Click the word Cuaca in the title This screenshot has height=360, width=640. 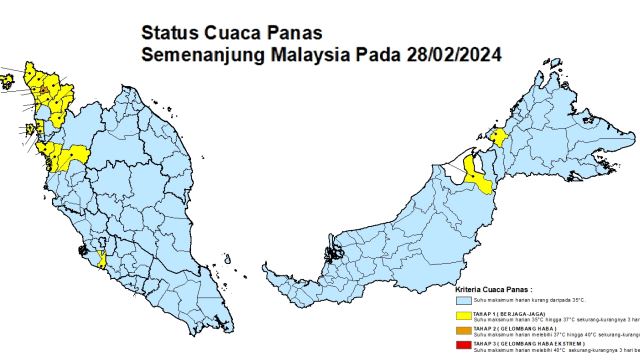231,33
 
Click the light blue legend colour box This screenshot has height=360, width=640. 463,299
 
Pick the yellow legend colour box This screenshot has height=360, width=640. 463,317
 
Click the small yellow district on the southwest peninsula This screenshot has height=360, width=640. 103,260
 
